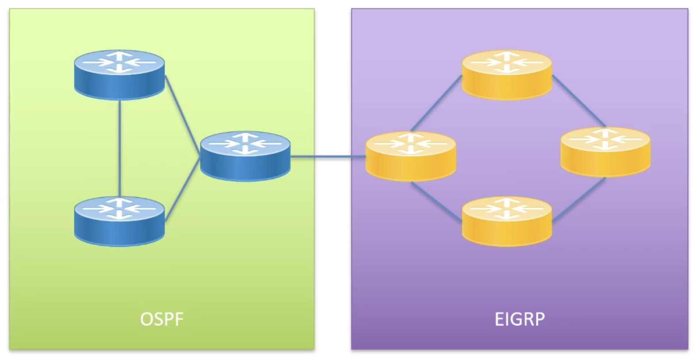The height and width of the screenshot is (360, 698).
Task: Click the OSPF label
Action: tap(161, 319)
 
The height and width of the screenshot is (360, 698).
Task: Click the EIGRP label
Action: tap(519, 319)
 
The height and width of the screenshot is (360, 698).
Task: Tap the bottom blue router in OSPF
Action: tap(119, 221)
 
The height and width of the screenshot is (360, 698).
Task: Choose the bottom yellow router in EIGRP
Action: tap(507, 221)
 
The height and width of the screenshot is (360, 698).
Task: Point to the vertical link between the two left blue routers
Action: tap(119, 148)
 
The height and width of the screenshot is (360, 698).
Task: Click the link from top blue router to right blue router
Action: tap(182, 115)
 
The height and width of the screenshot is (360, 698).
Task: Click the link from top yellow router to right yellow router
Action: tap(579, 101)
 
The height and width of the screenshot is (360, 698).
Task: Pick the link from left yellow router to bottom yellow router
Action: tap(436, 201)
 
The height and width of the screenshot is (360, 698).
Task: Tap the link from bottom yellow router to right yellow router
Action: tap(579, 199)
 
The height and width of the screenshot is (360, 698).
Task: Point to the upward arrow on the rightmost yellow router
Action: tap(605, 132)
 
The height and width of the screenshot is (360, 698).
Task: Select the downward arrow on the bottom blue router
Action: tap(119, 215)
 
